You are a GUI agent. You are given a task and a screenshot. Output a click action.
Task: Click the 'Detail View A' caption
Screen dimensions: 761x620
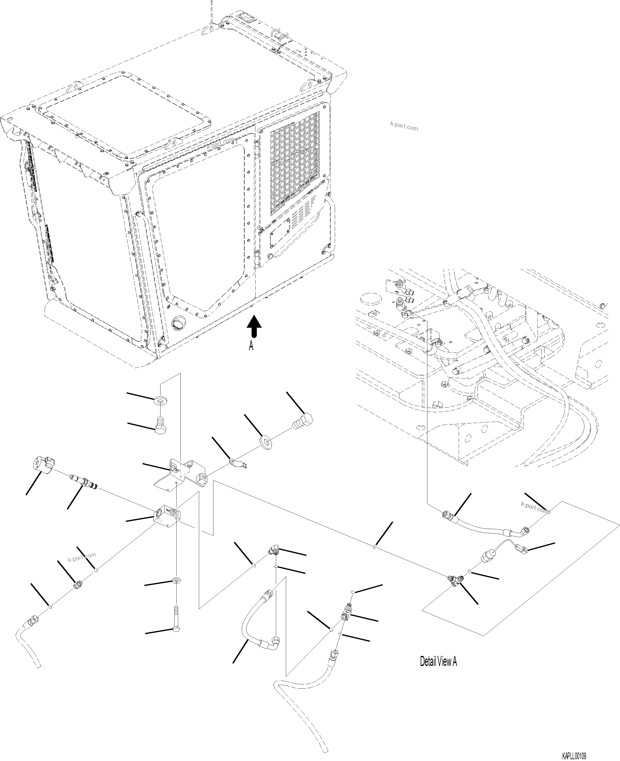tap(438, 661)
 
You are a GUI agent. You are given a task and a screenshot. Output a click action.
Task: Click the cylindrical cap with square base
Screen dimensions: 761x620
tap(42, 464)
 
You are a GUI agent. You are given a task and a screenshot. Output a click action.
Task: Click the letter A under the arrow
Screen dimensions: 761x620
tap(251, 346)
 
